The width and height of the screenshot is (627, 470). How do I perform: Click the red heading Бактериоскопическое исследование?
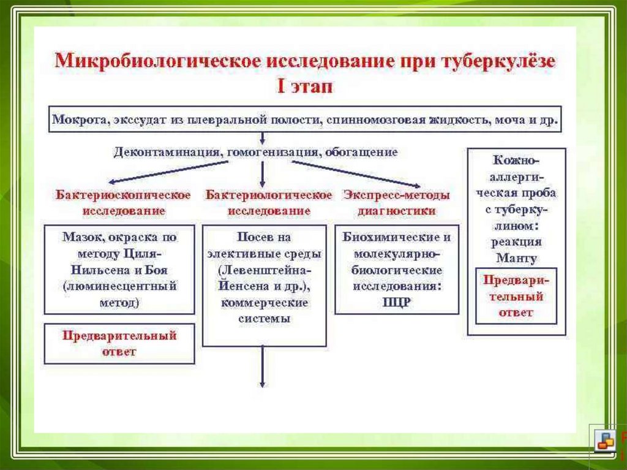coord(123,203)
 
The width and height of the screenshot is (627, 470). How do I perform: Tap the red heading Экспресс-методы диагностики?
coord(396,203)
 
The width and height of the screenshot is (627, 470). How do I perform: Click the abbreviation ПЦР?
coord(397,301)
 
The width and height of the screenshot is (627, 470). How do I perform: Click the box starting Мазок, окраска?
coord(119,269)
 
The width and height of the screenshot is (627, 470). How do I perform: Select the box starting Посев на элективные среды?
coord(264,285)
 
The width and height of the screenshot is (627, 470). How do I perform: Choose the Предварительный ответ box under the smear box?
coord(119,344)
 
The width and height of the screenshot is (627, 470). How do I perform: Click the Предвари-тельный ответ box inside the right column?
coord(516,296)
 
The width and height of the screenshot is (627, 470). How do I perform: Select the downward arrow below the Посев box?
coord(263,368)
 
